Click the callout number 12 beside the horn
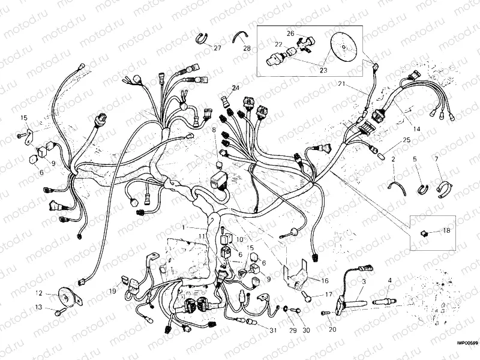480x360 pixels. pos(38,293)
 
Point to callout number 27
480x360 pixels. pos(217,48)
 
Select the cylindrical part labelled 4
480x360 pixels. pos(383,298)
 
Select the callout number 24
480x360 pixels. pos(235,88)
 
